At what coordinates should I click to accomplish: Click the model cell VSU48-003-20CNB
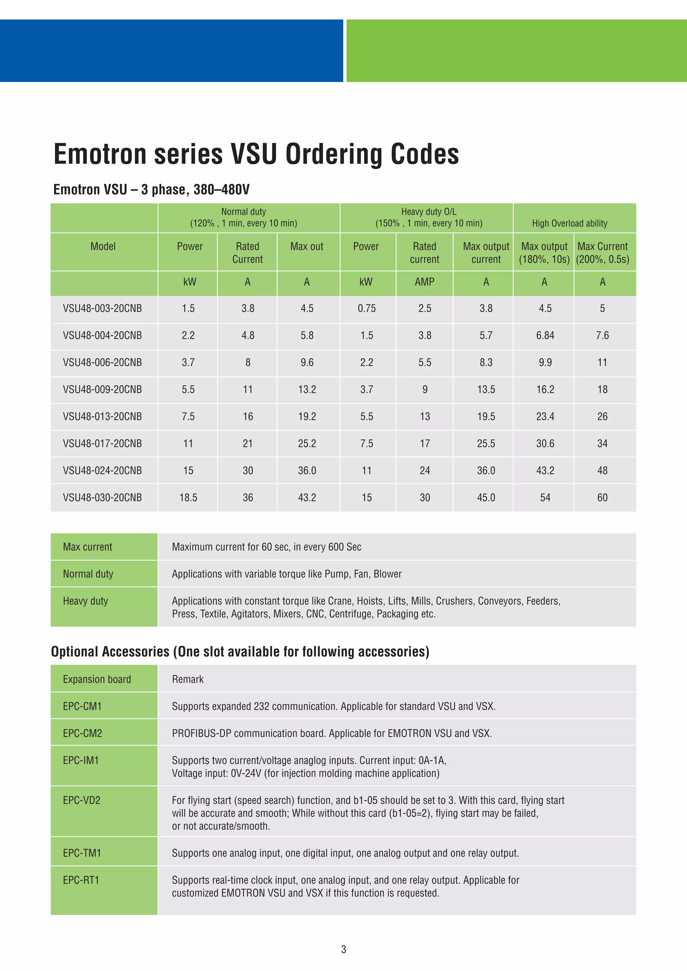click(x=102, y=308)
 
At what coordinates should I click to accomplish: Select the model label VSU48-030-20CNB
click(x=102, y=497)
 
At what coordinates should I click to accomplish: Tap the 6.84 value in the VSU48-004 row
click(x=545, y=335)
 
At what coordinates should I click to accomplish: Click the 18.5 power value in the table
click(x=188, y=497)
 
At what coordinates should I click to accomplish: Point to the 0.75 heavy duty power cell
click(x=366, y=308)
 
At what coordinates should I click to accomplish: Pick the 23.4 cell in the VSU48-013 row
click(x=545, y=416)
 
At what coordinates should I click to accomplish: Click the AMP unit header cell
click(x=424, y=282)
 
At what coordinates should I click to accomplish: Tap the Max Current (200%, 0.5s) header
click(x=602, y=252)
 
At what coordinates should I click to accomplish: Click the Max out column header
click(x=307, y=246)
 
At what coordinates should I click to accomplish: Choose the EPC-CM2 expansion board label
click(x=83, y=733)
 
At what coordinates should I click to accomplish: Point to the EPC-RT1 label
click(x=81, y=880)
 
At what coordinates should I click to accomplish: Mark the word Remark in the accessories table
click(x=188, y=679)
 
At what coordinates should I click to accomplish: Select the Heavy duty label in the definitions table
click(x=86, y=601)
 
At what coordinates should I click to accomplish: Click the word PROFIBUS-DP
click(x=201, y=733)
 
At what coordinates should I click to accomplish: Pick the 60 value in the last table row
click(x=602, y=497)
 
